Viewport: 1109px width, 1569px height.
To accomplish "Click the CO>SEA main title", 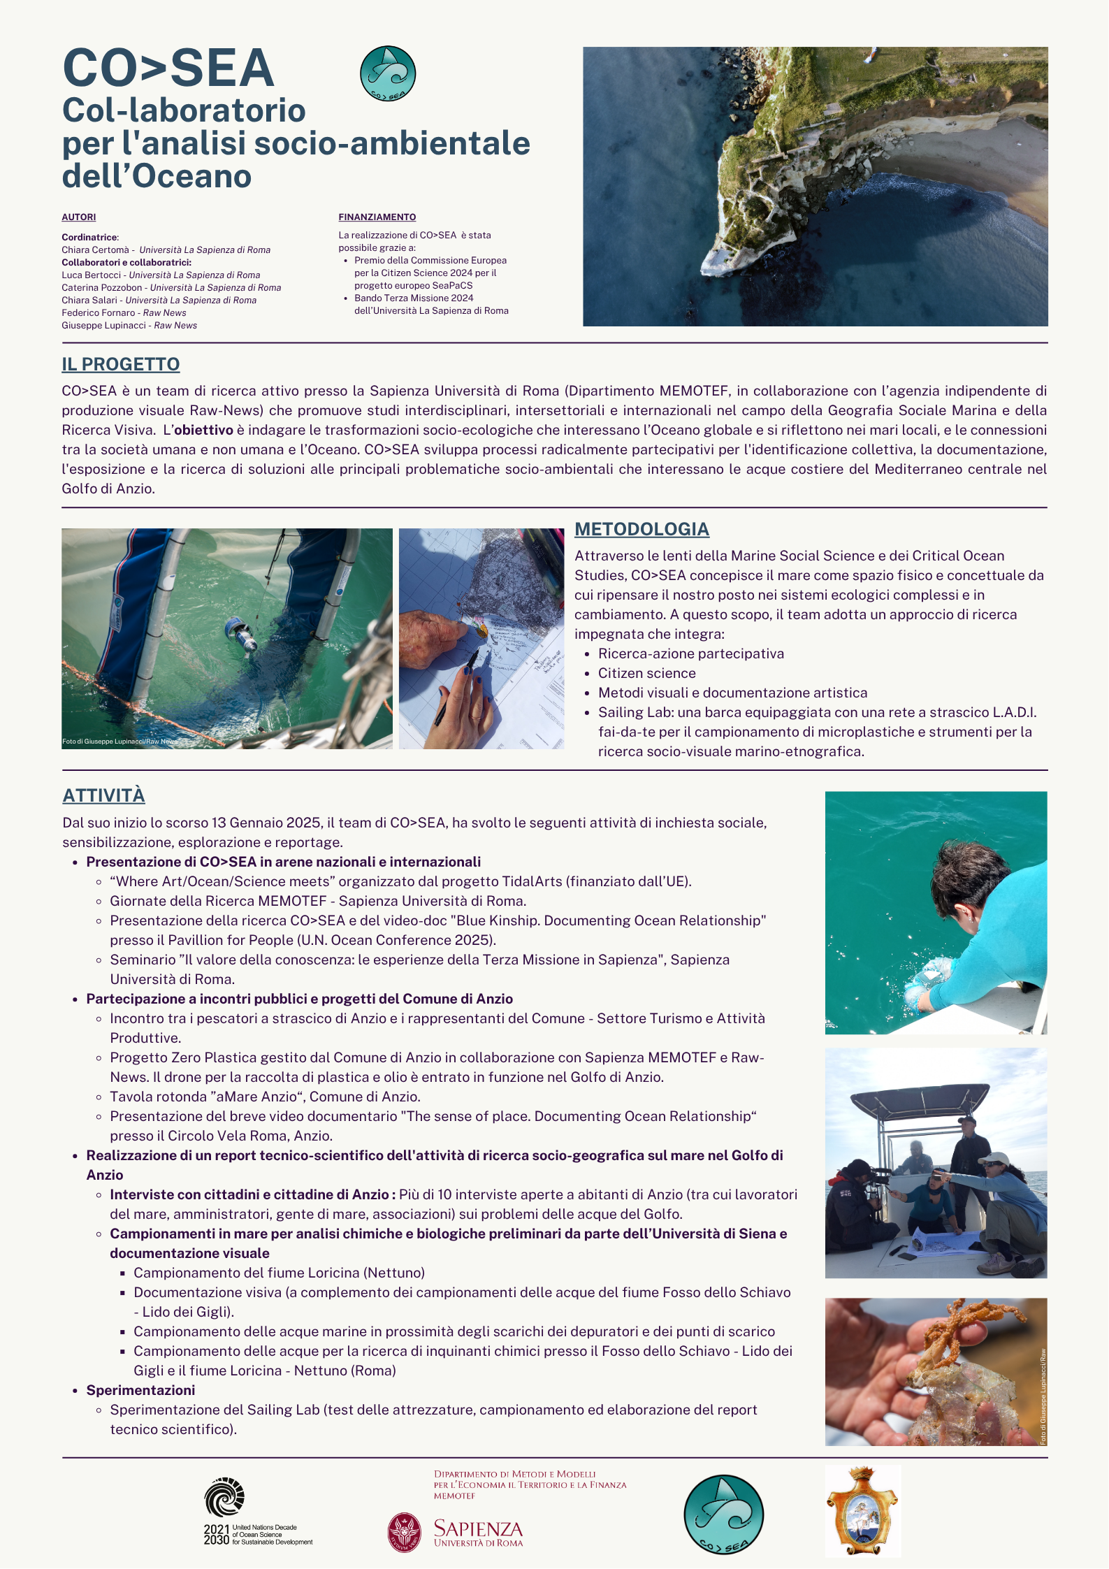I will (x=168, y=68).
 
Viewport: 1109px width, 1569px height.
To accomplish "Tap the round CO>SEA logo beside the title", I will (x=388, y=73).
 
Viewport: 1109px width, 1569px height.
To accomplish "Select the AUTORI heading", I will (x=79, y=217).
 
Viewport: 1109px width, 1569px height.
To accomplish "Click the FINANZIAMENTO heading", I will (x=377, y=217).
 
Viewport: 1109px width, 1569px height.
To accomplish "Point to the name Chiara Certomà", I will (x=96, y=250).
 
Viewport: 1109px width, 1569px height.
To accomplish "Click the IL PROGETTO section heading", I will (x=120, y=364).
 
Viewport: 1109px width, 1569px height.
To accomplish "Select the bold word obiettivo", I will (x=203, y=430).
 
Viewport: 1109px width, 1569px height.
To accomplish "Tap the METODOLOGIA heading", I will (x=642, y=529).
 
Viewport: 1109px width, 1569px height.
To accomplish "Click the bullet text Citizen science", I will (x=646, y=673).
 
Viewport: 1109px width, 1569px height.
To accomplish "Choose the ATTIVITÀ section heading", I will (x=103, y=795).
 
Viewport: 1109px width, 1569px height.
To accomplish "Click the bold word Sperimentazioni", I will (x=140, y=1390).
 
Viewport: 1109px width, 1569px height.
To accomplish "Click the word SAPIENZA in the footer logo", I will (x=478, y=1528).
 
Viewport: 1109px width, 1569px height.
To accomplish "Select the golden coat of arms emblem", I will (x=862, y=1510).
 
